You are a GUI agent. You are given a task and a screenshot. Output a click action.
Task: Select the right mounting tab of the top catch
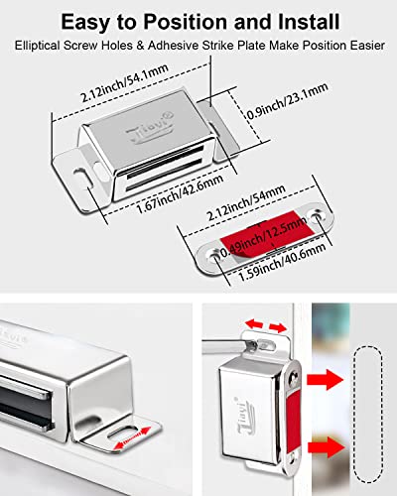219,107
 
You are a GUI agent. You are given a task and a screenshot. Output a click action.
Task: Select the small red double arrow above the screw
263,324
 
